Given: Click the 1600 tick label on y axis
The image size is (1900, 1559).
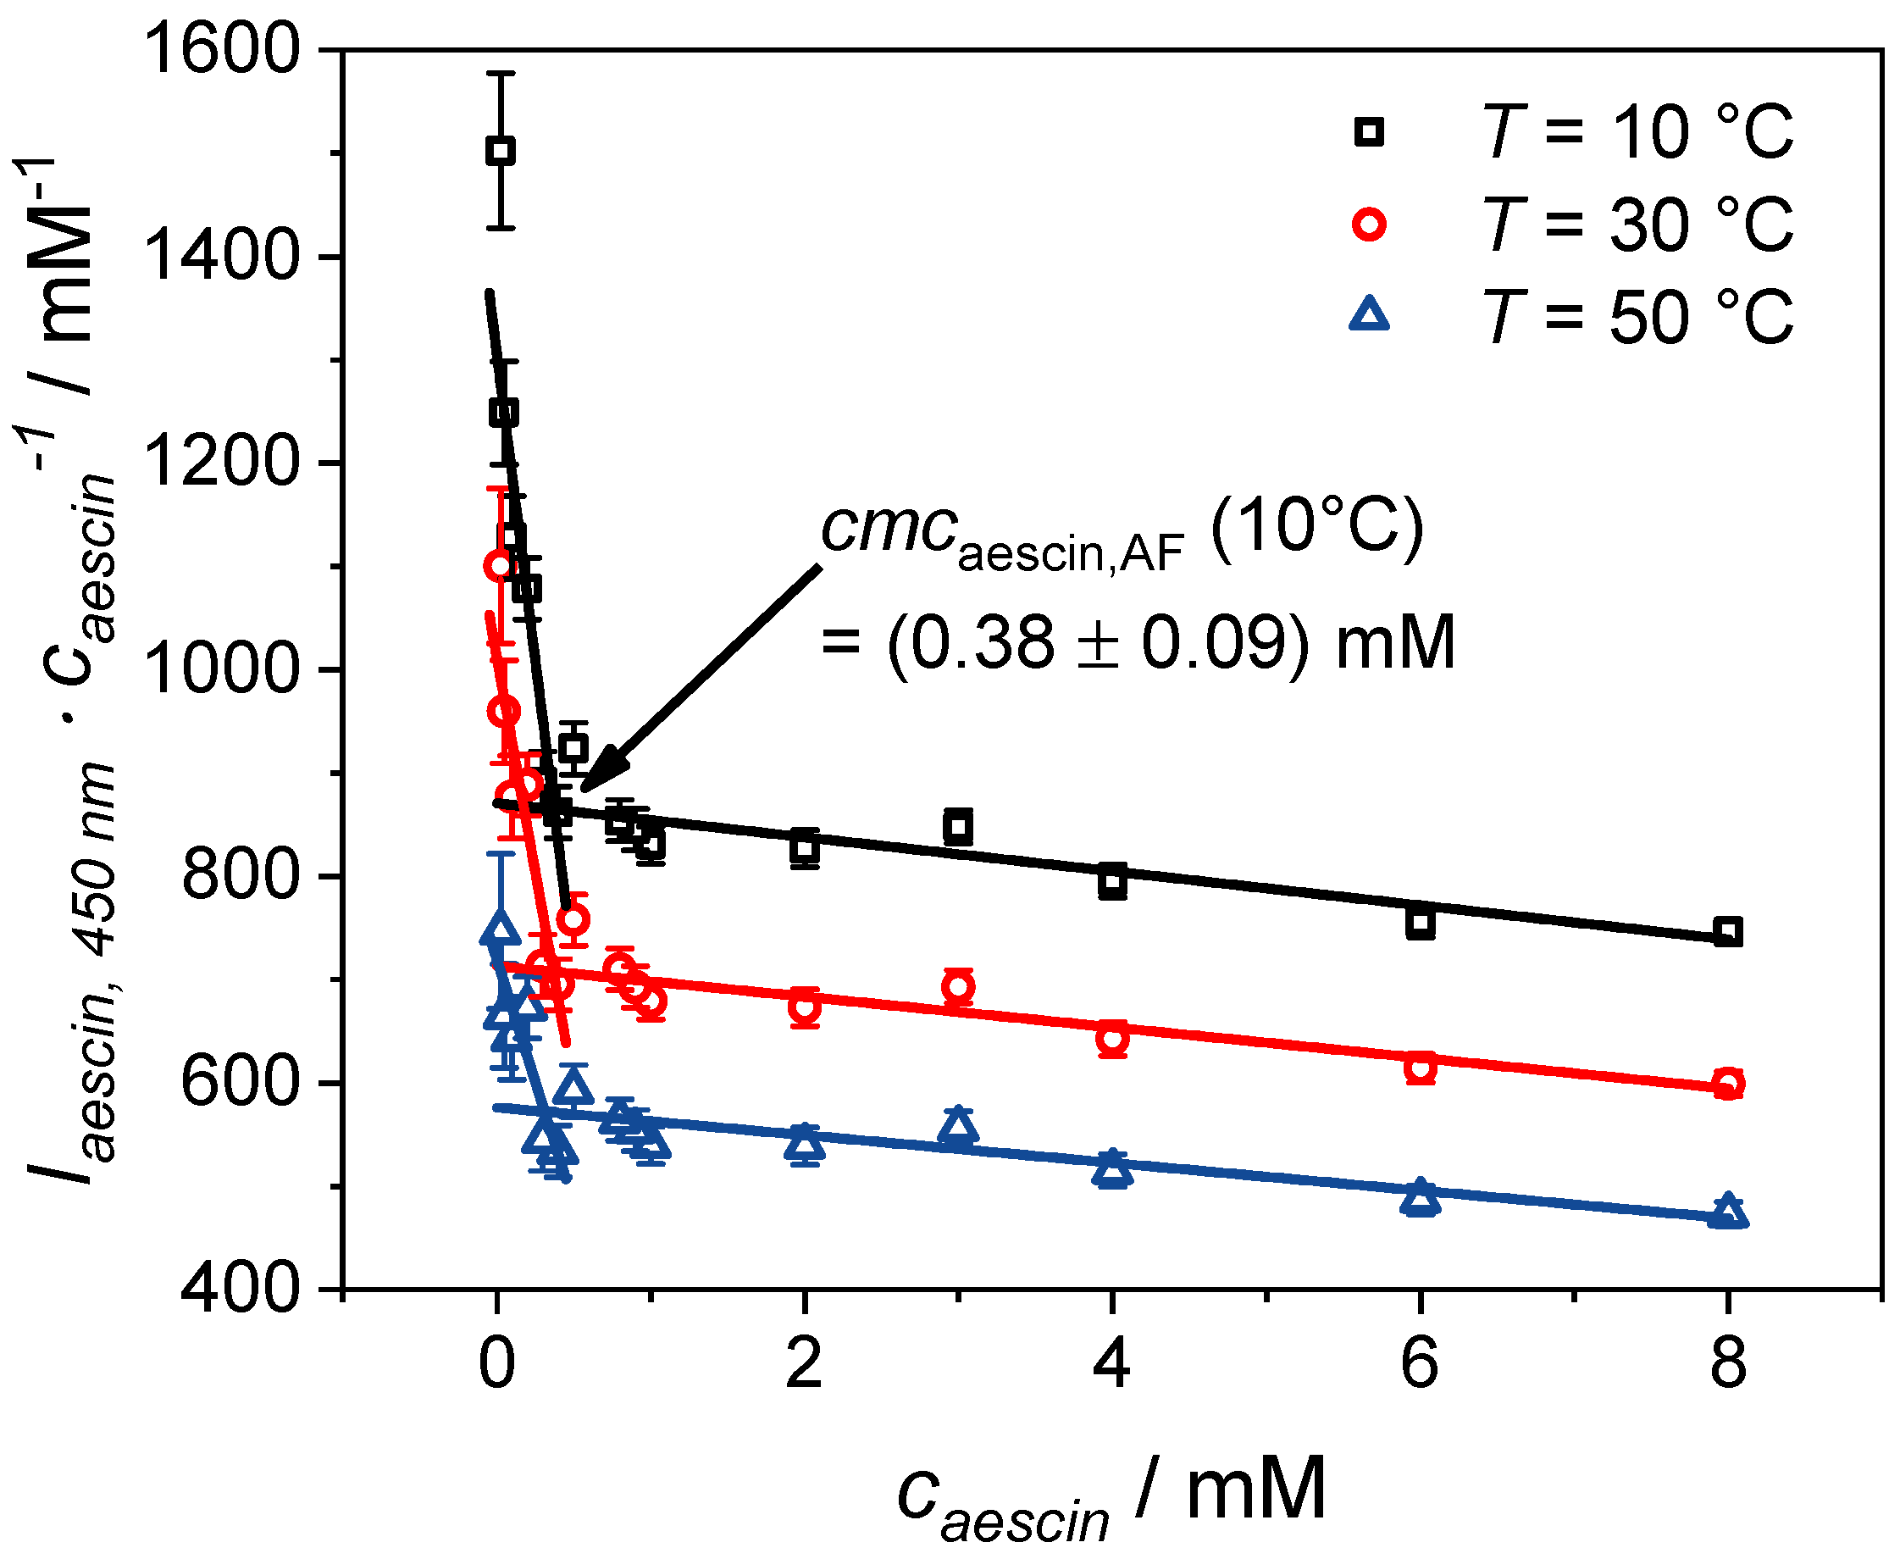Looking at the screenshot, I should coord(220,49).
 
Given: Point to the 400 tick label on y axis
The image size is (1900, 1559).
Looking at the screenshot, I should coord(239,1290).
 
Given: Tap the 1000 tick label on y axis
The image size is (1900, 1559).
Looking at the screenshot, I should coord(220,670).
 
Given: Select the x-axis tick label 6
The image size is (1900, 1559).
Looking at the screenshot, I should coord(1419,1363).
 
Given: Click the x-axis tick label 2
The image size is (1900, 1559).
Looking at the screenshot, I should coord(804,1363).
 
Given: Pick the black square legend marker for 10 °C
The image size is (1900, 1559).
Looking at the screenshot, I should coord(1368,133).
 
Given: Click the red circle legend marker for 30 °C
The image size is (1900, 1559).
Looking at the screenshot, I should coord(1368,224).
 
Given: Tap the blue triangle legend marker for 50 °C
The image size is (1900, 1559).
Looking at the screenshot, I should coord(1368,314).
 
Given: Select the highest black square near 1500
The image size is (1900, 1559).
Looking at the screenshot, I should coord(500,151).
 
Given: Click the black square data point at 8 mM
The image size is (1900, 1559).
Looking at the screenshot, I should coord(1727,931).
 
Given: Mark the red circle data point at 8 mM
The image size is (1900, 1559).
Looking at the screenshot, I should coord(1727,1084).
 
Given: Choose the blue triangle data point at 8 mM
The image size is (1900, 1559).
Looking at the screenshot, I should coord(1727,1212).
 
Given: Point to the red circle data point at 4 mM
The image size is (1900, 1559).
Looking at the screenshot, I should coord(1111,1039).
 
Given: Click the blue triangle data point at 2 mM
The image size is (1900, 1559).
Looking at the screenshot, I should coord(805,1145).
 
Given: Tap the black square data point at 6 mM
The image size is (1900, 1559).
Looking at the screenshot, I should coord(1420,923).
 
